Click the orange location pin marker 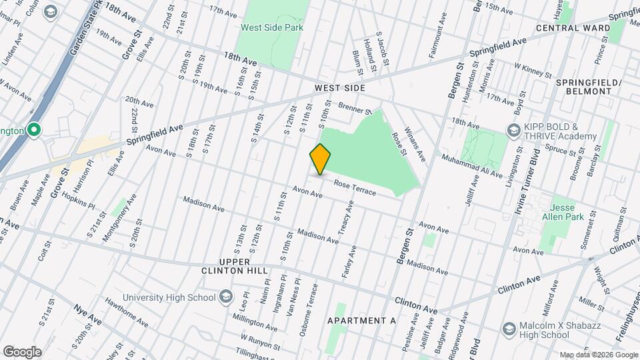pos(320,159)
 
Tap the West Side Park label pos(272,27)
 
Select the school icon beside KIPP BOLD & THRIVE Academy pos(513,130)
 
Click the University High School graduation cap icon pos(225,297)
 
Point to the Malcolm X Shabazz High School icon pos(509,329)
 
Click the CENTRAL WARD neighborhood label pos(573,28)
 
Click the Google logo pos(22,351)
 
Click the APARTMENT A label pos(361,321)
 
